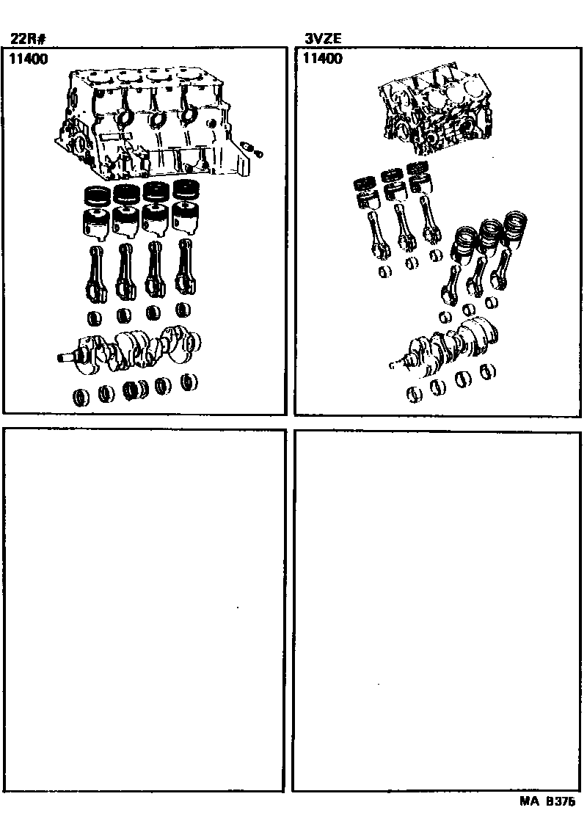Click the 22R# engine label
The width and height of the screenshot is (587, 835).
pyautogui.click(x=27, y=39)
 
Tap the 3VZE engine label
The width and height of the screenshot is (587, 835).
pyautogui.click(x=323, y=38)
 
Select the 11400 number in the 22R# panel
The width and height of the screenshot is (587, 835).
pyautogui.click(x=28, y=59)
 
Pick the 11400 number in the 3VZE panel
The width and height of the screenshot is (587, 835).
pyautogui.click(x=323, y=58)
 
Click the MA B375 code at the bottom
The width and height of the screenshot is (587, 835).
pyautogui.click(x=547, y=801)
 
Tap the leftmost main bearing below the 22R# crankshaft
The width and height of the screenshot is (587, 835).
pyautogui.click(x=81, y=396)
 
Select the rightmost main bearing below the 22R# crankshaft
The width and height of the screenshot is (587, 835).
pyautogui.click(x=189, y=382)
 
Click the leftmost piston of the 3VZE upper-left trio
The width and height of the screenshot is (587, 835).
pyautogui.click(x=366, y=192)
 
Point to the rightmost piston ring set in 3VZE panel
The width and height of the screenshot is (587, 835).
pyautogui.click(x=515, y=226)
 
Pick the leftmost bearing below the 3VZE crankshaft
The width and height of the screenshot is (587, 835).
pyautogui.click(x=415, y=394)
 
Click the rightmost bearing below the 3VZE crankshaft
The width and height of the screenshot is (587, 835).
pyautogui.click(x=488, y=372)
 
